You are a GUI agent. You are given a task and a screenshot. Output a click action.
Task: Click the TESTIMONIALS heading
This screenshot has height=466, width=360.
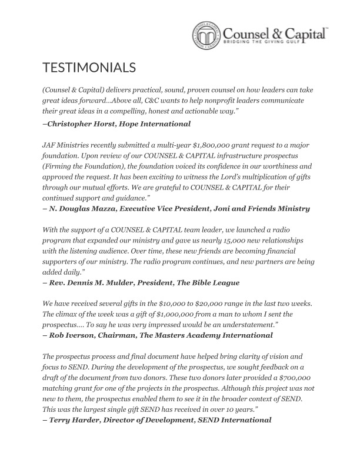(89, 68)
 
